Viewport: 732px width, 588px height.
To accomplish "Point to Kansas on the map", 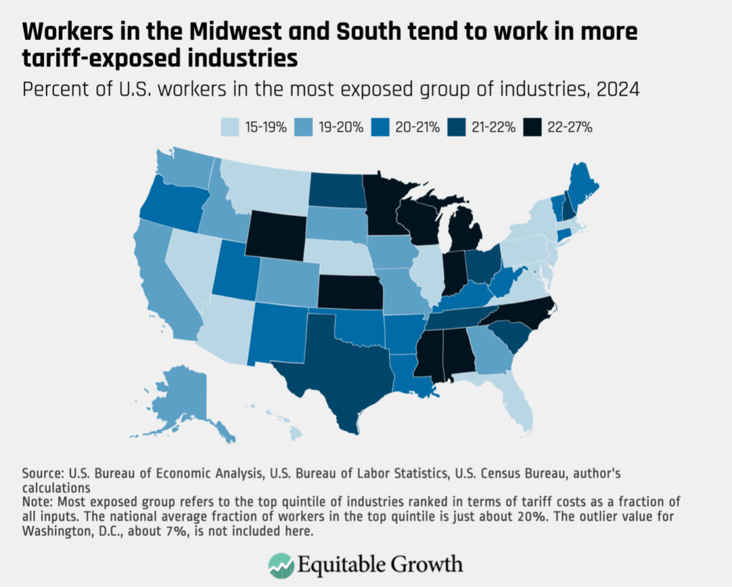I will click(349, 292).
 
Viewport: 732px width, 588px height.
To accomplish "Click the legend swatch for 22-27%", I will click(533, 127).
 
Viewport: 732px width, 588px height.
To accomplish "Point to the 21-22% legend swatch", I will click(457, 127).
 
